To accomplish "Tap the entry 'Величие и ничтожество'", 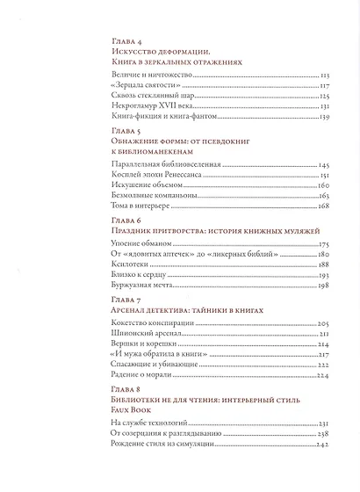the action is click(144, 77).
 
